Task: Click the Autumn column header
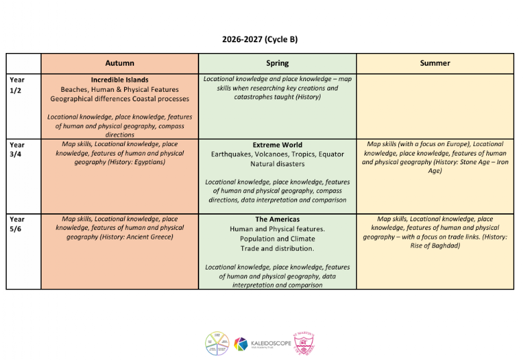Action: pyautogui.click(x=119, y=63)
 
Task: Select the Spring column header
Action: pyautogui.click(x=277, y=63)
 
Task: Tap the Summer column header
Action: pyautogui.click(x=435, y=63)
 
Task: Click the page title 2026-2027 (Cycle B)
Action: pyautogui.click(x=260, y=39)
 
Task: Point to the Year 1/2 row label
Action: pyautogui.click(x=17, y=84)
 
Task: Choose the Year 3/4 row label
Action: pyautogui.click(x=17, y=149)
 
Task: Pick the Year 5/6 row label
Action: pyautogui.click(x=17, y=223)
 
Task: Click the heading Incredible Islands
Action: pyautogui.click(x=119, y=80)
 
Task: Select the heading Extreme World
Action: pyautogui.click(x=277, y=145)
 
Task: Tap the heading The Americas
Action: pyautogui.click(x=277, y=219)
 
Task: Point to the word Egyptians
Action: pyautogui.click(x=149, y=162)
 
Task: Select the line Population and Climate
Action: pyautogui.click(x=277, y=239)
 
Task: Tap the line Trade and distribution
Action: pyautogui.click(x=277, y=249)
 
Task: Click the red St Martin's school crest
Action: pyautogui.click(x=304, y=343)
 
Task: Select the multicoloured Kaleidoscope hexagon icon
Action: pyautogui.click(x=241, y=344)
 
